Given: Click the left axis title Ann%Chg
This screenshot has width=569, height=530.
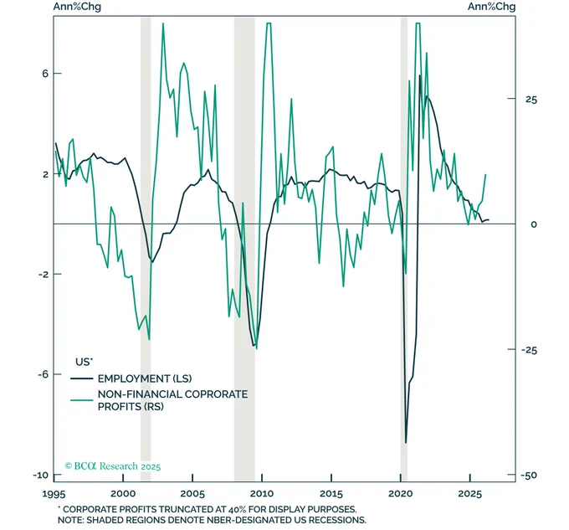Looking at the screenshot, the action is (77, 7).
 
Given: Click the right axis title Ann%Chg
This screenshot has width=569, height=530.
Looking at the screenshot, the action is (491, 7).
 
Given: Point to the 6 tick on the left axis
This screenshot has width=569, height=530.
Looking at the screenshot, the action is (45, 74).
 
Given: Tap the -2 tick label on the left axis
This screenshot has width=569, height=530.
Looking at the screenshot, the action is (44, 274).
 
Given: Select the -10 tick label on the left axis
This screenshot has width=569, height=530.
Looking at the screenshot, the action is (42, 476).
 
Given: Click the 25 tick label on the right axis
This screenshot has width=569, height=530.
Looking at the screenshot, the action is (531, 100).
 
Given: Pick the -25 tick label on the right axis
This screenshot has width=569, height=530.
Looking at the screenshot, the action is (529, 350).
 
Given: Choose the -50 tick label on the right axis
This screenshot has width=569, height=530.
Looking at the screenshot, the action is (529, 476).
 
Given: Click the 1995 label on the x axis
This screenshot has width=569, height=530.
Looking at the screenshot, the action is (54, 494).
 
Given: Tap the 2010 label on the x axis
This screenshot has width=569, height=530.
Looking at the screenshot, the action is (262, 494).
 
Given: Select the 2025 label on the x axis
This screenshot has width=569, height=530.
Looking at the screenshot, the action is (470, 494).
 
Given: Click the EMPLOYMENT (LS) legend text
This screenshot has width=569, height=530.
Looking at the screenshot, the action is (145, 378).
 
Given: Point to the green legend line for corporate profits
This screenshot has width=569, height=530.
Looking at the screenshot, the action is (82, 400).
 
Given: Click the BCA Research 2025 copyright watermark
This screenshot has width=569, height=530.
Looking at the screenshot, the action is (112, 466).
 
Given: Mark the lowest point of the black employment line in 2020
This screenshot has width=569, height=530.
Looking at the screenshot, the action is (406, 443).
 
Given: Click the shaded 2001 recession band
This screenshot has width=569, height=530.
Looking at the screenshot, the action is (146, 250).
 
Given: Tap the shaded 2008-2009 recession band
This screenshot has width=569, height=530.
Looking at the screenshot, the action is (244, 250).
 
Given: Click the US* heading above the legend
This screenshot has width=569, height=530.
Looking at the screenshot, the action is (84, 362).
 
